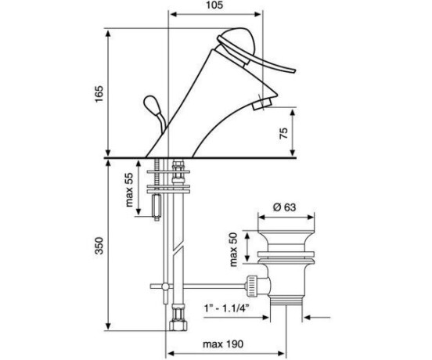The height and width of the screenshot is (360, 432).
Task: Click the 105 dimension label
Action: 214,5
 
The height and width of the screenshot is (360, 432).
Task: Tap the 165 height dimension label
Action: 99,94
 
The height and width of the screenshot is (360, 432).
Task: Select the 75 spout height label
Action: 283,133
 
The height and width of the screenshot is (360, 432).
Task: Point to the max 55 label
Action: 129,190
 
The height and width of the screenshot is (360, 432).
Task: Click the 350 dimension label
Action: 99,246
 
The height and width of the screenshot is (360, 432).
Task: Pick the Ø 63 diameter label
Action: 285,207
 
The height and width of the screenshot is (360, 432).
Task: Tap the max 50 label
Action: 233,250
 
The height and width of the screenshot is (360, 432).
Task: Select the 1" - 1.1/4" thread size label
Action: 226,308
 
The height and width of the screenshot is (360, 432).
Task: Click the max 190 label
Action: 223,344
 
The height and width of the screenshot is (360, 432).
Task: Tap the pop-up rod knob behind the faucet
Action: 150,104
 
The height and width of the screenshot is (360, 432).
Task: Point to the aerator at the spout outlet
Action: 262,104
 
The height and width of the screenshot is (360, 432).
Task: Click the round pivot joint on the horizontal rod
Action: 166,286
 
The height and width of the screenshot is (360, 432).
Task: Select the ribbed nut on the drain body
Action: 252,286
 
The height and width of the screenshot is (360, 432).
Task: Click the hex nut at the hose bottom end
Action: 178,326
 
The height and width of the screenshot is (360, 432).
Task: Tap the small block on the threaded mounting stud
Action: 157,206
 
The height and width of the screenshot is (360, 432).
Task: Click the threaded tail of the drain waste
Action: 286,301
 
